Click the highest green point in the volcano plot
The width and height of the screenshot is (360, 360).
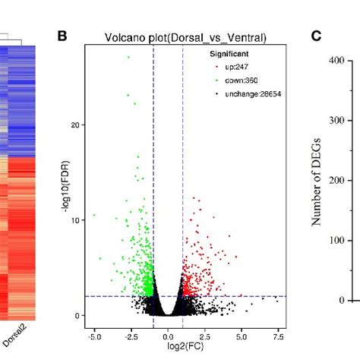[x=128, y=57]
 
